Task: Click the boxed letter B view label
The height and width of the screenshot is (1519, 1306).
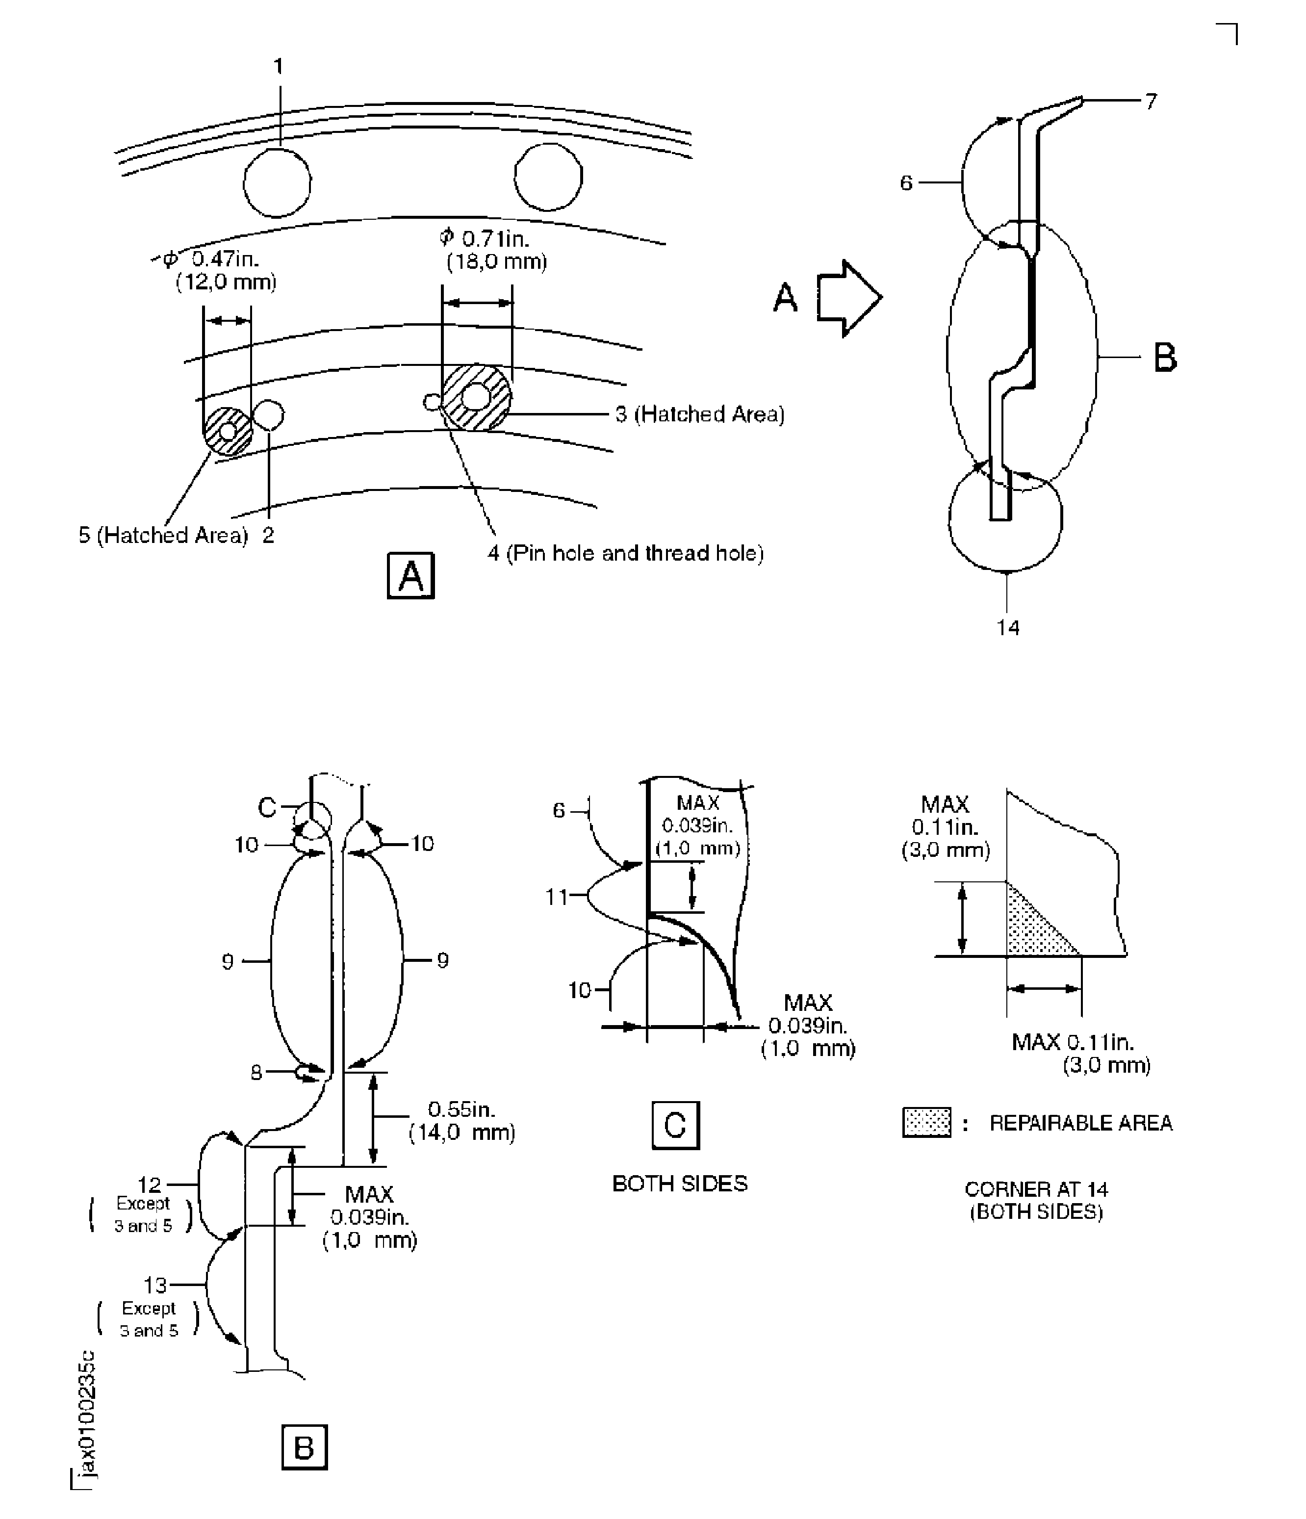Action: [x=304, y=1448]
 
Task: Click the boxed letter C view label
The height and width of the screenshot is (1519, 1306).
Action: [x=675, y=1125]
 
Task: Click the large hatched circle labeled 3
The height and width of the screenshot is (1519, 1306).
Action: [x=476, y=397]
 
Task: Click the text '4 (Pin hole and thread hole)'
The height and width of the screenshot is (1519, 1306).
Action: [x=625, y=553]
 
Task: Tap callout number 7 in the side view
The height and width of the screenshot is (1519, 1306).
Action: [x=1151, y=101]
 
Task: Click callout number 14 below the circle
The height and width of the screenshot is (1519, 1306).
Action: [x=1008, y=627]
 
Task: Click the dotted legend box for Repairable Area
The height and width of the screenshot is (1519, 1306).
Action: [x=926, y=1122]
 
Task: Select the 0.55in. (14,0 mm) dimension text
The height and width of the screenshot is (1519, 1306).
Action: [x=461, y=1120]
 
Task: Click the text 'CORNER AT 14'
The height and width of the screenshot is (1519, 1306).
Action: [x=1036, y=1188]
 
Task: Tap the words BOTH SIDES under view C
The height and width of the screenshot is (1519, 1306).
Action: [x=679, y=1183]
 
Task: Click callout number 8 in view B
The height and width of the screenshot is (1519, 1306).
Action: [x=256, y=1073]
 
